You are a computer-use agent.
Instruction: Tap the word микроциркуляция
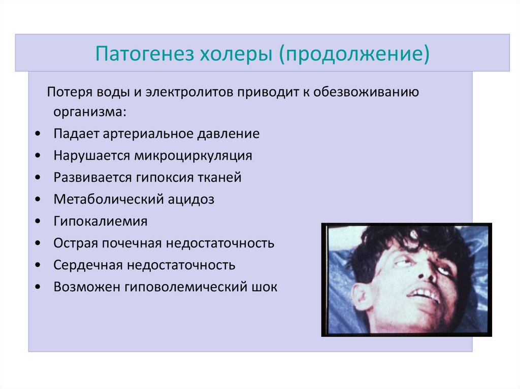click(x=193, y=156)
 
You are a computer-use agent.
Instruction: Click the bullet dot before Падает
click(x=39, y=134)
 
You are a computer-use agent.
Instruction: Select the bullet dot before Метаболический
click(x=39, y=200)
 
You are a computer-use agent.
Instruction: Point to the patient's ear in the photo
click(x=362, y=297)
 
